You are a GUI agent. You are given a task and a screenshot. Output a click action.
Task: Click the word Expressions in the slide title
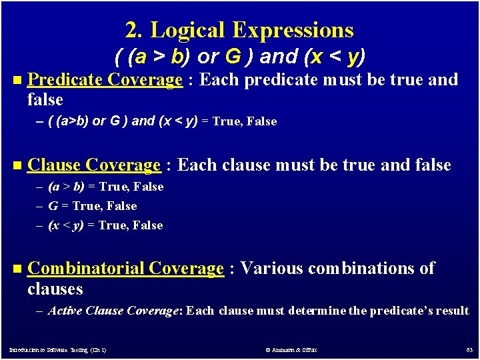(293, 30)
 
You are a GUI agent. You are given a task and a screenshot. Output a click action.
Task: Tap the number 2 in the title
(131, 30)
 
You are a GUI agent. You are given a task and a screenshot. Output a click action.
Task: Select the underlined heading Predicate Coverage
(105, 80)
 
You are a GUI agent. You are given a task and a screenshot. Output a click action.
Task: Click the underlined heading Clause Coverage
(94, 165)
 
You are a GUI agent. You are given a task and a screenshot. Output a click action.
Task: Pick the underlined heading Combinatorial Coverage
(125, 269)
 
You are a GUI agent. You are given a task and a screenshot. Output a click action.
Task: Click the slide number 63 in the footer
(468, 350)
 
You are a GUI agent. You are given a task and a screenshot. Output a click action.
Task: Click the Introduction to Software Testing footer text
(57, 350)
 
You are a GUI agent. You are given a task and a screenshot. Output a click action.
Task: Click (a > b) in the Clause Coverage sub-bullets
(66, 187)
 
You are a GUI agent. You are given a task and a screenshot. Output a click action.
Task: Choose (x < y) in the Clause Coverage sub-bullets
(66, 225)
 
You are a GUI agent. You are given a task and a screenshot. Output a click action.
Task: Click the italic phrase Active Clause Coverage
(113, 311)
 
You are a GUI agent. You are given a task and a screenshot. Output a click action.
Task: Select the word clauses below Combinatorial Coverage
(55, 289)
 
